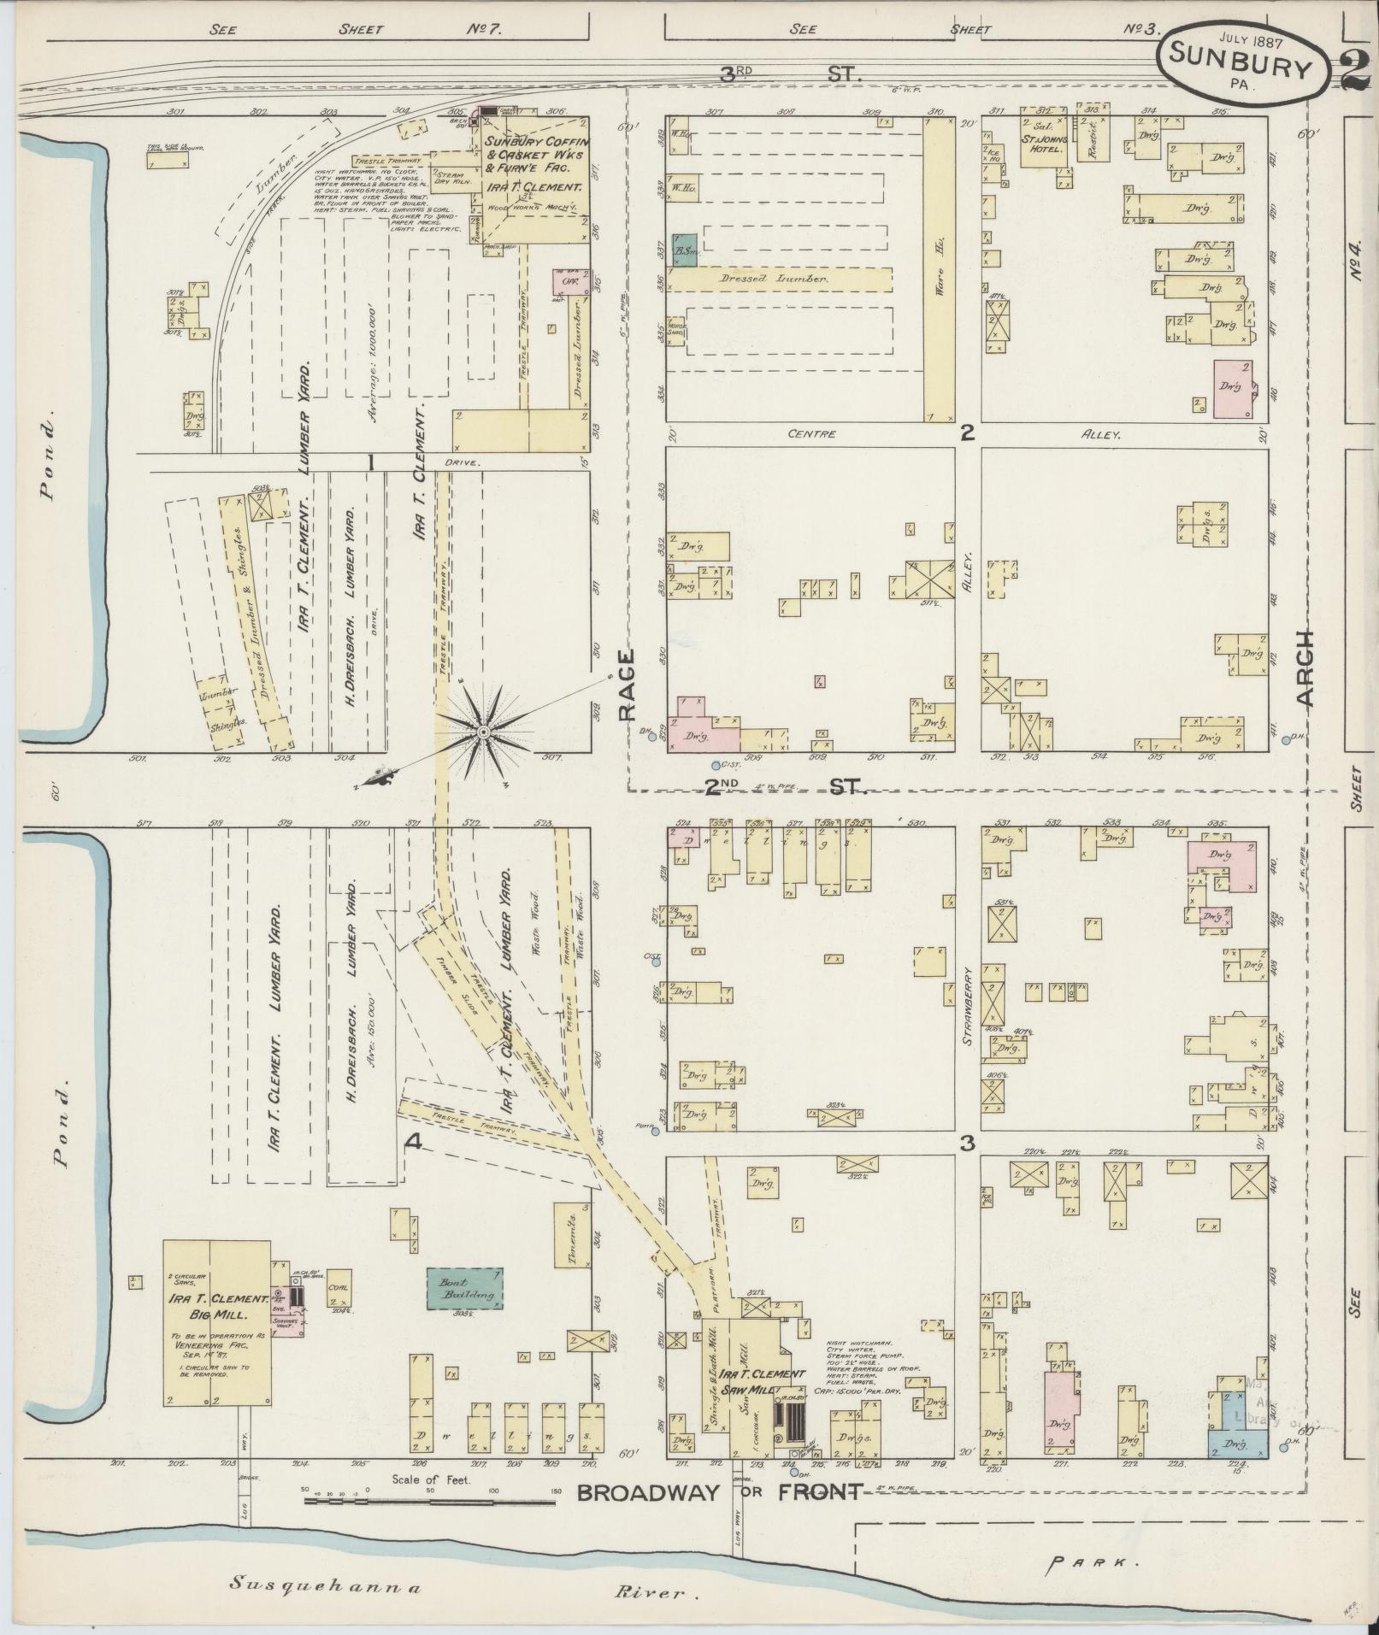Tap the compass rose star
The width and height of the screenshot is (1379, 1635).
pyautogui.click(x=483, y=733)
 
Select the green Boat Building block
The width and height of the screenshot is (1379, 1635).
pyautogui.click(x=465, y=1312)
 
